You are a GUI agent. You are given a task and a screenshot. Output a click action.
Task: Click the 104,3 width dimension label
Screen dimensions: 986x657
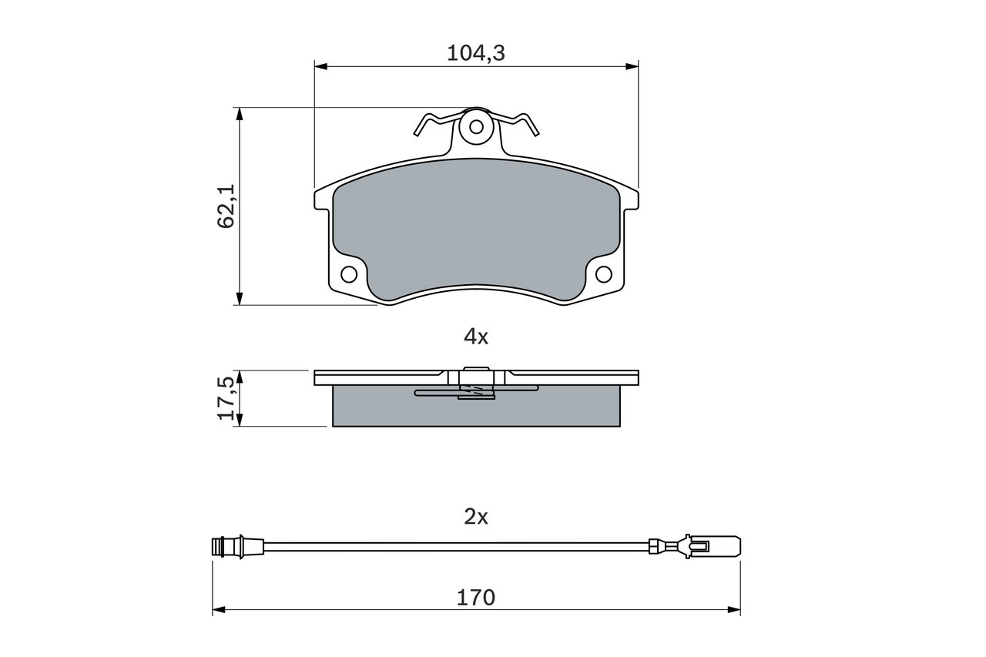point(476,53)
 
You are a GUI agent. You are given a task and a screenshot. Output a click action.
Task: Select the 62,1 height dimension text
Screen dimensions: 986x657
point(226,206)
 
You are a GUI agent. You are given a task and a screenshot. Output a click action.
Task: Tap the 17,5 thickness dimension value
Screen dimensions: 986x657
point(227,398)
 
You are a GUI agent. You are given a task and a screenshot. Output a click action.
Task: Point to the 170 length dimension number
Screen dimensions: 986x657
point(476,598)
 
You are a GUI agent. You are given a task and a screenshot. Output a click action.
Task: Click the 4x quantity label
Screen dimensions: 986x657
point(476,337)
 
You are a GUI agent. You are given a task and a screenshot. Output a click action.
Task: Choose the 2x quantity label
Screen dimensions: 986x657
point(476,517)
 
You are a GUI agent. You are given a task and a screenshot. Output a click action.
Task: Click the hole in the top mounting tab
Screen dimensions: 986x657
point(476,127)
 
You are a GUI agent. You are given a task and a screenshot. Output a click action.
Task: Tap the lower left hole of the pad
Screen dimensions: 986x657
point(349,275)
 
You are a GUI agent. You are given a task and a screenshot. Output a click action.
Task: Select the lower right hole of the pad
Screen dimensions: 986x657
point(603,274)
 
